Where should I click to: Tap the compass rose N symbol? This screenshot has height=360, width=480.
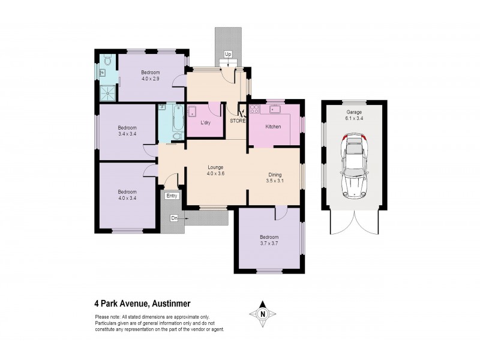coord(262,313)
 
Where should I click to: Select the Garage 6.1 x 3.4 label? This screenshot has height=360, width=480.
coord(353,115)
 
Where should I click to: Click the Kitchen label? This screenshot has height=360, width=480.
coord(273,127)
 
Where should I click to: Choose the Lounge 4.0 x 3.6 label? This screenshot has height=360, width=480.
coord(215,170)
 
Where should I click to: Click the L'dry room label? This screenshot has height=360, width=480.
coord(206,123)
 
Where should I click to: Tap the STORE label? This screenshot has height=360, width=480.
coord(238,121)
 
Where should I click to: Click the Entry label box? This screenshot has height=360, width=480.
coord(172,196)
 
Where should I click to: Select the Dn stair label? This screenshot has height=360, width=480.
coord(174,218)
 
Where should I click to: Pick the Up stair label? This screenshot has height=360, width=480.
coord(227,55)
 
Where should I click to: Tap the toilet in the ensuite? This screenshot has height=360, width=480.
coord(106,61)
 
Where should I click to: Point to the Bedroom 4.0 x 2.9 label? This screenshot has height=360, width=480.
coord(151,76)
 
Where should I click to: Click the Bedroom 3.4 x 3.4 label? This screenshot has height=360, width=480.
coord(127,131)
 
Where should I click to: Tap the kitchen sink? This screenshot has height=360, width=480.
coord(277,110)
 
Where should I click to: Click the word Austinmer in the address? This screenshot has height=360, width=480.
coord(170,304)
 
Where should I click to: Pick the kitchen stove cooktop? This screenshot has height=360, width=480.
coord(254,110)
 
